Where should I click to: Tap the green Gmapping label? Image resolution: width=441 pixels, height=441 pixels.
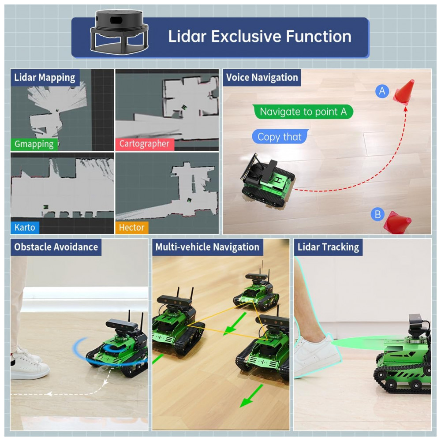coord(34,144)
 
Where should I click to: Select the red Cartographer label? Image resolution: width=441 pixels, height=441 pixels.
coord(144,144)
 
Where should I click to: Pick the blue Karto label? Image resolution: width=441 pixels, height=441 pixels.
coord(25,228)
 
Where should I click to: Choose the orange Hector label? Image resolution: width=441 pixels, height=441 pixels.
coord(132,228)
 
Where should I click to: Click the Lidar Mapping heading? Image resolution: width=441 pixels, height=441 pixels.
coord(45,78)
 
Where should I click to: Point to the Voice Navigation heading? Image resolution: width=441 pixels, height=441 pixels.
coord(262,78)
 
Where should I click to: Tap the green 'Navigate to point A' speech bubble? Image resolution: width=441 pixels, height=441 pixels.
coord(303,112)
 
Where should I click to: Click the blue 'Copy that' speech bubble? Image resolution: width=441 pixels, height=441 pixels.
coord(280,137)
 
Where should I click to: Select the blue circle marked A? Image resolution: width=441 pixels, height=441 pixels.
coord(382,91)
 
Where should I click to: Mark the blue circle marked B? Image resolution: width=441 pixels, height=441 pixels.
coord(377,215)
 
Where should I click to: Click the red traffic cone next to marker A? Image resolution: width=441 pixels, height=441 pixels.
coord(405,92)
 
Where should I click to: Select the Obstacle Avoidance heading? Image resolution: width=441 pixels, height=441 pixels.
coord(56,247)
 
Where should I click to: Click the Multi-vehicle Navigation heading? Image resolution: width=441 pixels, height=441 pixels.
coord(207,247)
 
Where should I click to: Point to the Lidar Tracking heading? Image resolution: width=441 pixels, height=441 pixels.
coord(328,247)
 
